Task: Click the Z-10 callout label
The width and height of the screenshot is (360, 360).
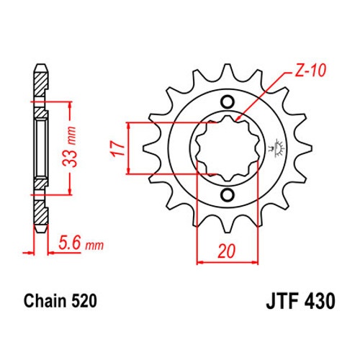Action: pos(310,71)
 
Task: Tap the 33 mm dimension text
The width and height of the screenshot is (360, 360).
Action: pos(70,147)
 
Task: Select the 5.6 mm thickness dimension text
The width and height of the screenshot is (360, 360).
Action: pos(81,243)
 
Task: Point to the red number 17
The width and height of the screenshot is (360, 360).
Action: pos(118,148)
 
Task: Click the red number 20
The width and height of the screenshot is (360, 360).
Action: pos(227,251)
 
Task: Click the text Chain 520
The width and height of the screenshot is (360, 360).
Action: pos(60,301)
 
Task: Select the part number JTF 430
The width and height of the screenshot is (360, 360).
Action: pos(300,301)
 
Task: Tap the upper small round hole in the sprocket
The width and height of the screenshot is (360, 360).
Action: pos(228,102)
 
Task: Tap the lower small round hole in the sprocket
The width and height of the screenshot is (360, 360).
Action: pos(228,195)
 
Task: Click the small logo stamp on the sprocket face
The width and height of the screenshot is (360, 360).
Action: pos(276,148)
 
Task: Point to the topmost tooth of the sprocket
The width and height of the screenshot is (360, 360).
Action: pos(227,71)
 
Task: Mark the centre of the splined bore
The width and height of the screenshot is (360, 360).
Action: pos(228,148)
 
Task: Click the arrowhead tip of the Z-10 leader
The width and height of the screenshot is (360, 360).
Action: pos(235,121)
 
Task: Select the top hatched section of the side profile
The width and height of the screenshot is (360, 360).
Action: pos(40,83)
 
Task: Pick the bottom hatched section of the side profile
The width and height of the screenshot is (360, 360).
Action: pos(40,212)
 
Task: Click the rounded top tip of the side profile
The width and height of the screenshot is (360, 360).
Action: pos(41,64)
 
